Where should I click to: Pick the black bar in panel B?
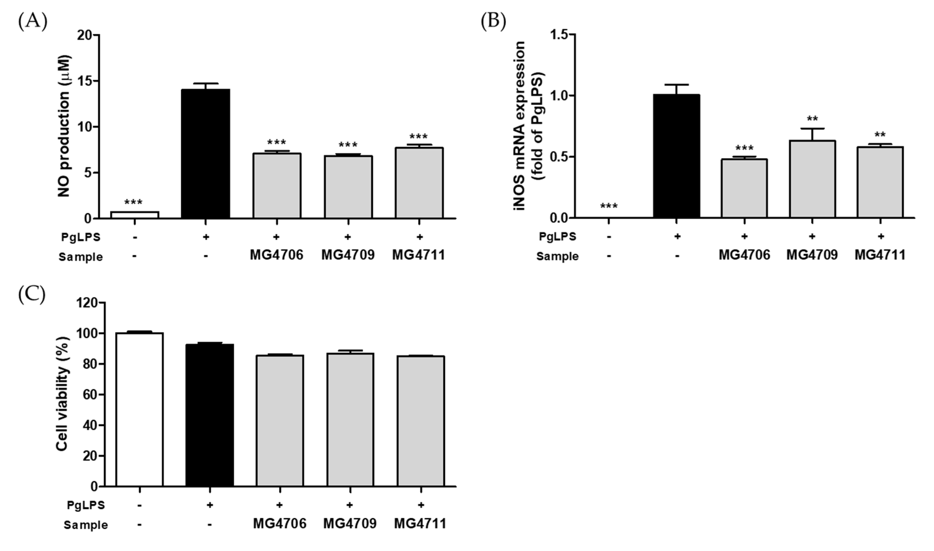[x=676, y=156]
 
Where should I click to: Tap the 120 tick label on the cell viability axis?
[x=88, y=303]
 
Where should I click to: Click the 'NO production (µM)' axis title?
[x=64, y=126]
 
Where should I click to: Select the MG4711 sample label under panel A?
[x=419, y=255]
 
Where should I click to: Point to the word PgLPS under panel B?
[x=557, y=237]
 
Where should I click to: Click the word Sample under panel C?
[x=85, y=525]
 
